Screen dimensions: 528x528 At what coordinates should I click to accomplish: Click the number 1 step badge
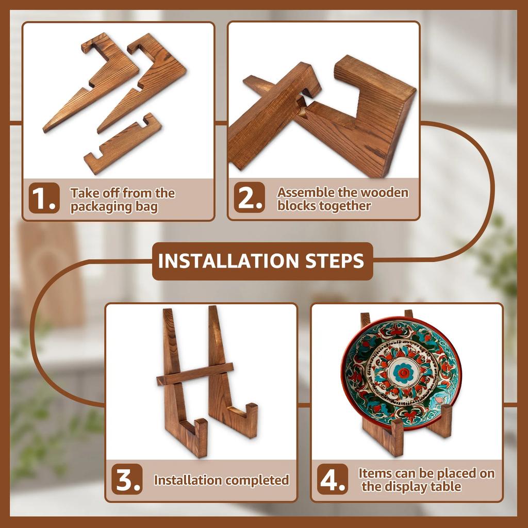click(44, 198)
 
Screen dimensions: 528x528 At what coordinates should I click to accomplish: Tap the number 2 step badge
click(250, 197)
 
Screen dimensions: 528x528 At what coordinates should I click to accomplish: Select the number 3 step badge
click(127, 479)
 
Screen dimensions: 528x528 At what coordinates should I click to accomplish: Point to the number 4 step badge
click(333, 479)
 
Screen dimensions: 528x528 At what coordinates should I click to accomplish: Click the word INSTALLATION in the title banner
click(228, 261)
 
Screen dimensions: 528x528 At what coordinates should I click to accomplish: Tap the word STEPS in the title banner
click(335, 261)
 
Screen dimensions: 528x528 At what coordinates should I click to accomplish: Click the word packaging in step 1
click(101, 207)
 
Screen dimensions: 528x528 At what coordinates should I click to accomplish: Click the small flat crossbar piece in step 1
click(123, 144)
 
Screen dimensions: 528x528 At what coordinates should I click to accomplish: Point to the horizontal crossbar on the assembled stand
click(195, 374)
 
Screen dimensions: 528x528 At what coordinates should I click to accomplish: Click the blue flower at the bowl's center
click(403, 373)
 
